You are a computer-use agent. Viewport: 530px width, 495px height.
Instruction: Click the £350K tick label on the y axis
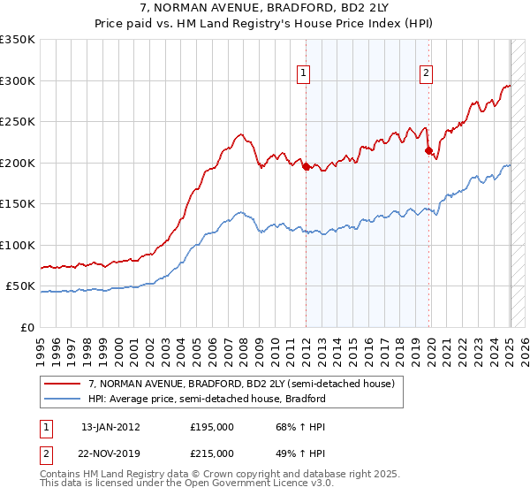click(x=18, y=40)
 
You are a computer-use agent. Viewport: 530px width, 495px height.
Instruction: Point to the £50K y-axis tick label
click(x=20, y=286)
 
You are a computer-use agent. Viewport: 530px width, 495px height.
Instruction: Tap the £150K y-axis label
click(x=18, y=204)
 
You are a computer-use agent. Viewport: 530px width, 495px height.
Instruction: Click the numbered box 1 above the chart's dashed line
click(x=304, y=74)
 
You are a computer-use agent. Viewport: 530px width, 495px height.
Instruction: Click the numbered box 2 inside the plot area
click(x=426, y=74)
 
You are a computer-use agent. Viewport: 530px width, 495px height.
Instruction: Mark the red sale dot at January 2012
click(x=306, y=166)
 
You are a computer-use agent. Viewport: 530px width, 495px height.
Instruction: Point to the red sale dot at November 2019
click(x=428, y=151)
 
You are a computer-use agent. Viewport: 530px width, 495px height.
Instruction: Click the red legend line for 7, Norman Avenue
click(x=63, y=384)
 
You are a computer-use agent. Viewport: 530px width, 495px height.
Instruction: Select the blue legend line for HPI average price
click(x=63, y=399)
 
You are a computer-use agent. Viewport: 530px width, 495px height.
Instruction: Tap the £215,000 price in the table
click(x=211, y=453)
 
